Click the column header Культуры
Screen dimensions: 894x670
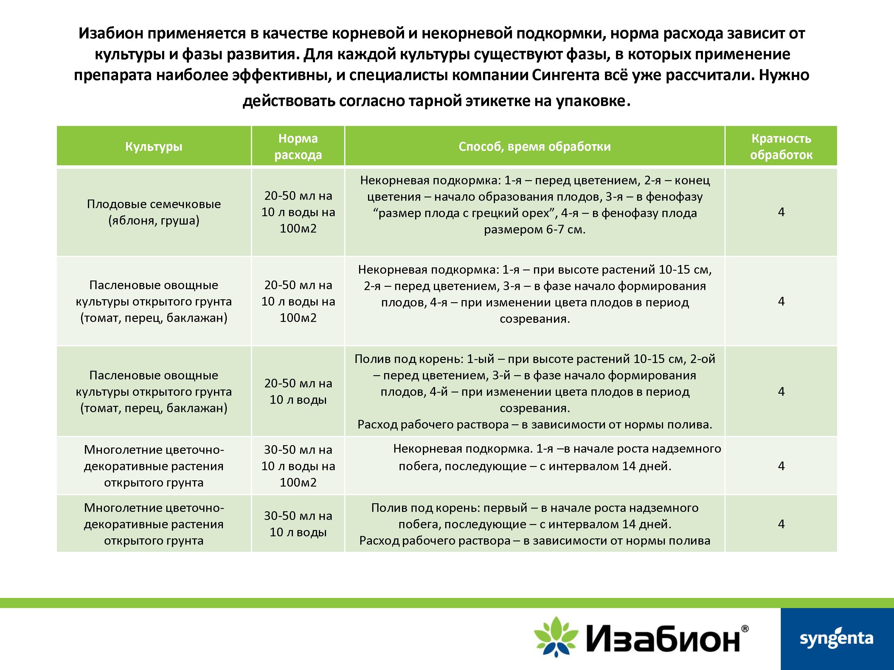(x=153, y=146)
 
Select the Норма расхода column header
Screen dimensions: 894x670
(x=298, y=146)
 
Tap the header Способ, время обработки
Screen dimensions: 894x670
(x=534, y=146)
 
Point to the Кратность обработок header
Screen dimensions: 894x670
(x=781, y=146)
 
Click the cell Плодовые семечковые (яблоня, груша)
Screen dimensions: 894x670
(x=153, y=212)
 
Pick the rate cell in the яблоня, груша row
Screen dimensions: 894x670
(x=298, y=212)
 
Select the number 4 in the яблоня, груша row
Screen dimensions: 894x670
(x=781, y=212)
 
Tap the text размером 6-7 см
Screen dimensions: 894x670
(x=534, y=229)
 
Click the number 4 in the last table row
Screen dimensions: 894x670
(x=781, y=524)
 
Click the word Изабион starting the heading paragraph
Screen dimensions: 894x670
(x=111, y=33)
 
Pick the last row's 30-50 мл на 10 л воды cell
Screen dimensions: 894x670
(x=298, y=524)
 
